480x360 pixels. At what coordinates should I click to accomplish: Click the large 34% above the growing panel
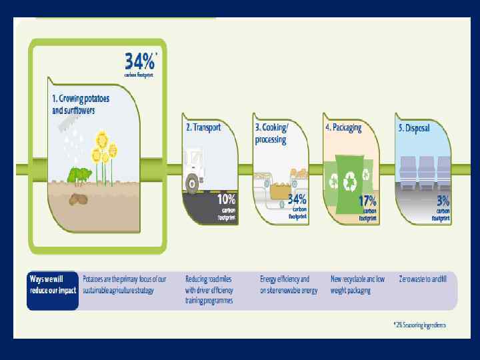pos(139,62)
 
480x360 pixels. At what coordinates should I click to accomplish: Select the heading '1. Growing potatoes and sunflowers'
pos(81,105)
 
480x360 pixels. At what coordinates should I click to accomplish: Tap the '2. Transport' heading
pos(203,127)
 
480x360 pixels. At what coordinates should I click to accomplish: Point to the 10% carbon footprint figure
pos(226,199)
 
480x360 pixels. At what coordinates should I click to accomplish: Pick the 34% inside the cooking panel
pos(297,199)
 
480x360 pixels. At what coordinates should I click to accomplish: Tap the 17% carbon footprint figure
pos(367,200)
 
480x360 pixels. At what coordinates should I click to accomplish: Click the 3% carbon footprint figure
pos(443,199)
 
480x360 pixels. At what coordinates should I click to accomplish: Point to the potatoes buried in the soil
pos(79,199)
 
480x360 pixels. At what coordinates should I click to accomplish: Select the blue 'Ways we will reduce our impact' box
pos(52,290)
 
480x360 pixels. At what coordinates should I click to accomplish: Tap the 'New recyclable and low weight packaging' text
pos(358,284)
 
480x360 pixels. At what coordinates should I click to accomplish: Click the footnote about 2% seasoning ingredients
pos(419,325)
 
